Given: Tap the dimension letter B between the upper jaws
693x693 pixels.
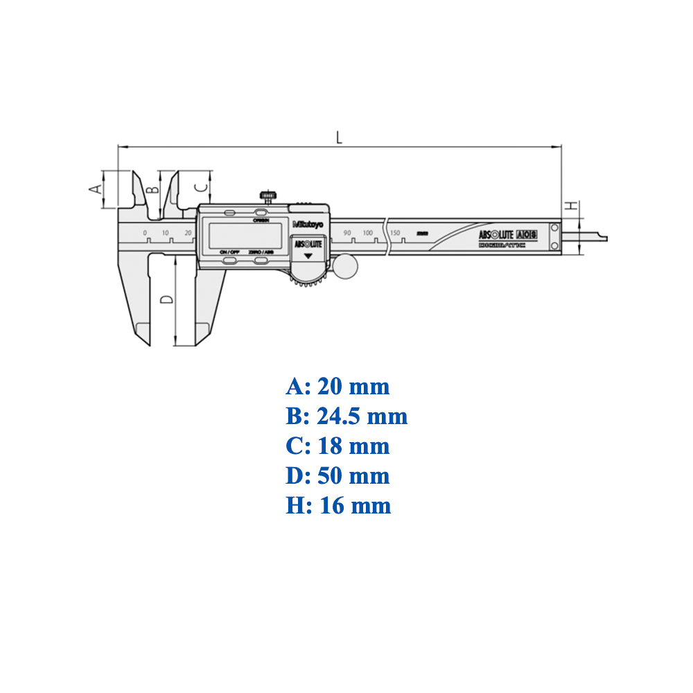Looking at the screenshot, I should pyautogui.click(x=155, y=187).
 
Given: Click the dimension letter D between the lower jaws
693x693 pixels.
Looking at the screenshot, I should pyautogui.click(x=166, y=299).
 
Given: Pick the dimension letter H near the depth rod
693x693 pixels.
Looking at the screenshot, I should pyautogui.click(x=570, y=206).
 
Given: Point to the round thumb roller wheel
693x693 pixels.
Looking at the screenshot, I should pyautogui.click(x=344, y=266).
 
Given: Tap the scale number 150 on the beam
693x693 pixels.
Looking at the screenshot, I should pyautogui.click(x=396, y=232).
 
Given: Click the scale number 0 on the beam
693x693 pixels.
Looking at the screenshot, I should pyautogui.click(x=145, y=232).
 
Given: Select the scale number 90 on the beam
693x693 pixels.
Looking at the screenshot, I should pyautogui.click(x=347, y=232).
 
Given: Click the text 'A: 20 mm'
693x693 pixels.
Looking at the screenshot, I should pyautogui.click(x=337, y=386).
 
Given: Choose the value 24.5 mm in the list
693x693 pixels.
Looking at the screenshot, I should pyautogui.click(x=362, y=416).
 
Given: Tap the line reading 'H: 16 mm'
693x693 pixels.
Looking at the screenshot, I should pyautogui.click(x=338, y=505).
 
